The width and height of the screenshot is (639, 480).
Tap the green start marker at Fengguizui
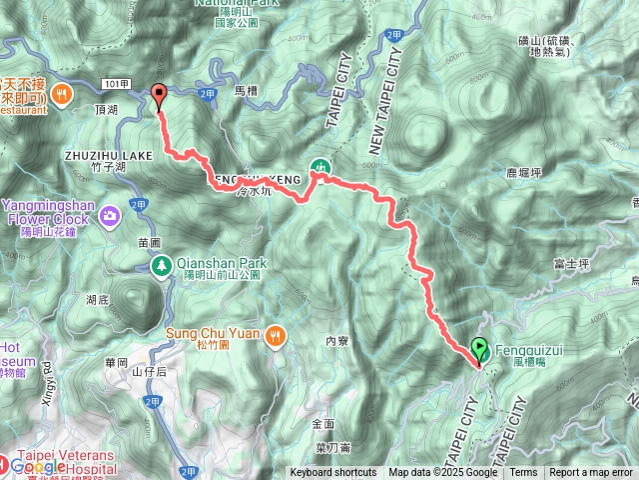tap(480, 350)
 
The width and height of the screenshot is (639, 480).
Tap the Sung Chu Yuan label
tap(216, 333)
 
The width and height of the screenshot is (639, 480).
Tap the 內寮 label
tap(335, 341)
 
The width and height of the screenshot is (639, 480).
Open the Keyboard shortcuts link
tap(333, 473)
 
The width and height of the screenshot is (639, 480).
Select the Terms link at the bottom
tap(523, 473)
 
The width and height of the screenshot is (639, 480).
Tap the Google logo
tap(38, 467)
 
